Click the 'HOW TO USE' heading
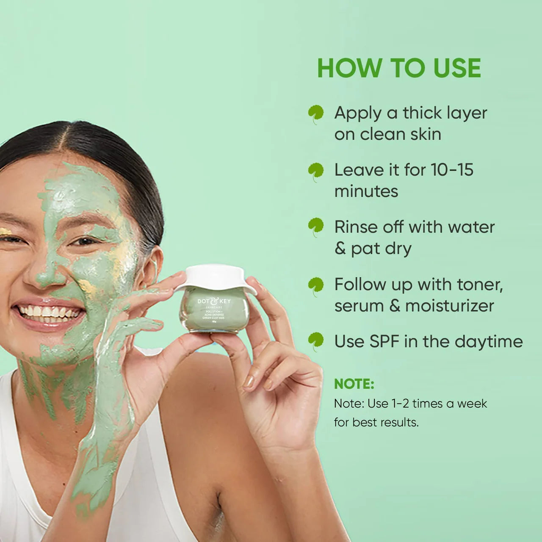[x=399, y=68]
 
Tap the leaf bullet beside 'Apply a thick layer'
[x=316, y=114]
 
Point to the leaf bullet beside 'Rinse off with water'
[x=316, y=228]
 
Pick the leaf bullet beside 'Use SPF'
[x=316, y=341]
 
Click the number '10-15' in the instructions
[x=452, y=170]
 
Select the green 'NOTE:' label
[x=354, y=384]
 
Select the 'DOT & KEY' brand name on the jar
[x=214, y=301]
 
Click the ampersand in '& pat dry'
[x=340, y=249]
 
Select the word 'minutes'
[x=366, y=191]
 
